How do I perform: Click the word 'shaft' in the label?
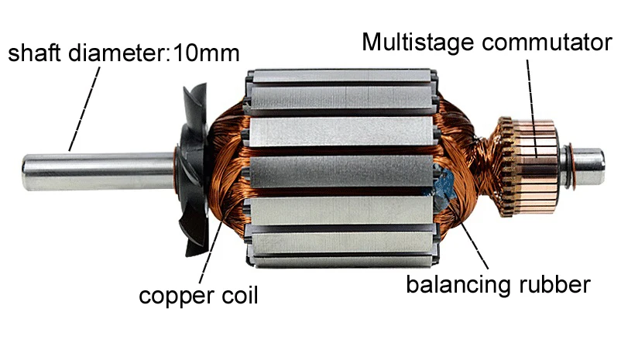pyautogui.click(x=31, y=54)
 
